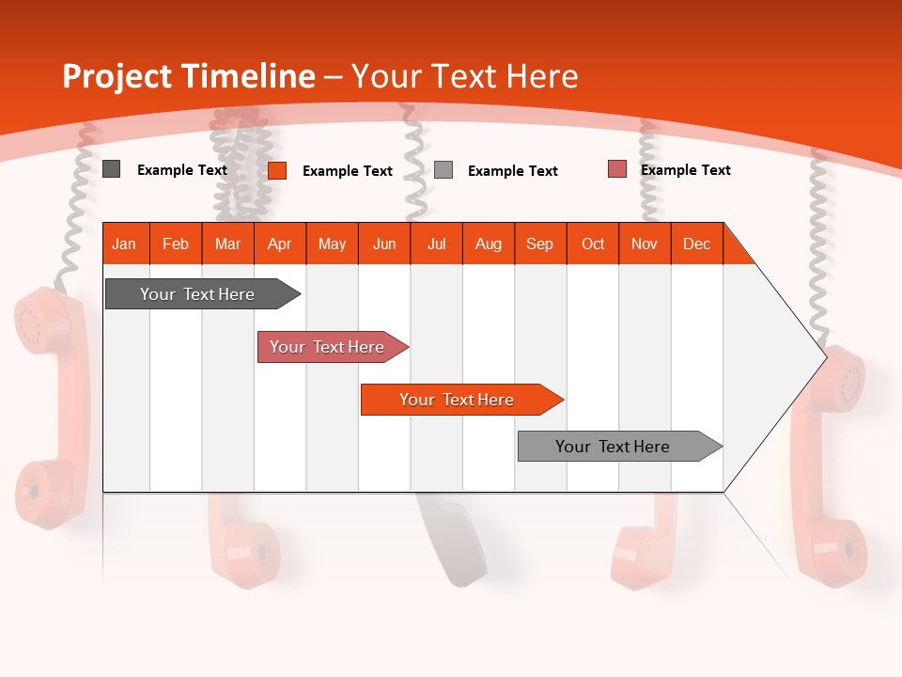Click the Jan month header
pyautogui.click(x=124, y=244)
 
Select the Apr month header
pyautogui.click(x=280, y=244)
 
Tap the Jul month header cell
pyautogui.click(x=436, y=244)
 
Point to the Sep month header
pyautogui.click(x=539, y=244)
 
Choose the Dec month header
pyautogui.click(x=696, y=244)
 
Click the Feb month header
pyautogui.click(x=176, y=244)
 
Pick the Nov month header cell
pyautogui.click(x=645, y=244)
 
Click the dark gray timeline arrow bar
pyautogui.click(x=197, y=294)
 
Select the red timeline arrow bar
pyautogui.click(x=327, y=347)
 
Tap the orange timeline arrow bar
pyautogui.click(x=457, y=400)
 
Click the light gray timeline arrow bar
pyautogui.click(x=613, y=447)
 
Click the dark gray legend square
pyautogui.click(x=111, y=169)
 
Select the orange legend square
pyautogui.click(x=276, y=170)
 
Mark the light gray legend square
pyautogui.click(x=443, y=170)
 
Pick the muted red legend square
pyautogui.click(x=616, y=169)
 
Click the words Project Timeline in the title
pyautogui.click(x=188, y=76)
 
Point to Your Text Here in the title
pyautogui.click(x=464, y=76)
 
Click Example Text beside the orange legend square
pyautogui.click(x=347, y=171)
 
